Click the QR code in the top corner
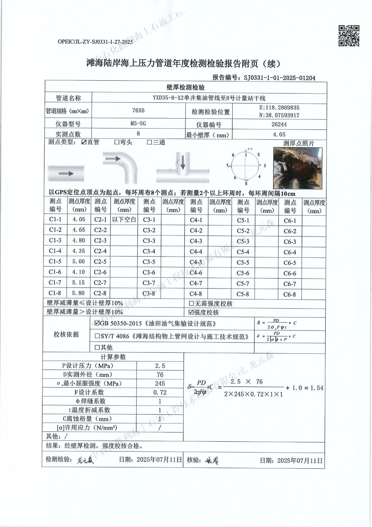[349, 36]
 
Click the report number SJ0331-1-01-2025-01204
[279, 78]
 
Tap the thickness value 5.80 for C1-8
[79, 293]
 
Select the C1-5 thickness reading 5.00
[79, 261]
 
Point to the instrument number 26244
[279, 124]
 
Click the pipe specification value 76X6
[138, 111]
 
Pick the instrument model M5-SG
[138, 124]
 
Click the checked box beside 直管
[84, 142]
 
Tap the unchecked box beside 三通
[149, 142]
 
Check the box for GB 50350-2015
[97, 323]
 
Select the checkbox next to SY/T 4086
[97, 336]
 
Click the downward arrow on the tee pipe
[183, 161]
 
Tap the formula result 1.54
[317, 388]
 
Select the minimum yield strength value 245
[160, 383]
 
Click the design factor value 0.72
[160, 392]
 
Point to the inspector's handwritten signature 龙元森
[86, 460]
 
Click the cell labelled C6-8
[290, 294]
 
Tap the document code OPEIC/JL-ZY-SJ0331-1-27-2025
[95, 42]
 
